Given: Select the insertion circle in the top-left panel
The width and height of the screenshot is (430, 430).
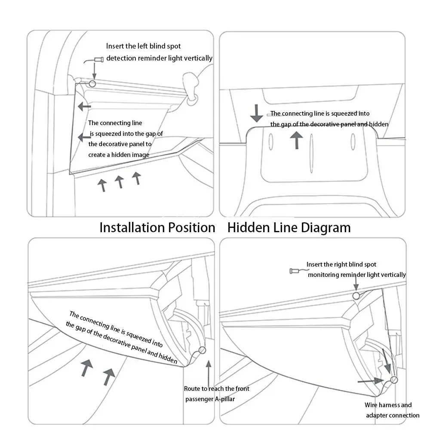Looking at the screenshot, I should tap(92, 83).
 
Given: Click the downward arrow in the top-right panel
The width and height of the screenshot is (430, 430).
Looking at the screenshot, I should tap(257, 113).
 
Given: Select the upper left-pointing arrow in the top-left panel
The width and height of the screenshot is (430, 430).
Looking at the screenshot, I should tap(84, 106).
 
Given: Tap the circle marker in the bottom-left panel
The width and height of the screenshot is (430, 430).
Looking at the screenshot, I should tap(202, 350).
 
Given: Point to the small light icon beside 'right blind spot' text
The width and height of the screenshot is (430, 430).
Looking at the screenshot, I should tap(296, 271).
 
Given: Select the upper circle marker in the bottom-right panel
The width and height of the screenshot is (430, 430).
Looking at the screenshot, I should tap(356, 296).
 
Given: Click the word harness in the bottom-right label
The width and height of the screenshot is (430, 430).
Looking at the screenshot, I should tap(391, 405).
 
